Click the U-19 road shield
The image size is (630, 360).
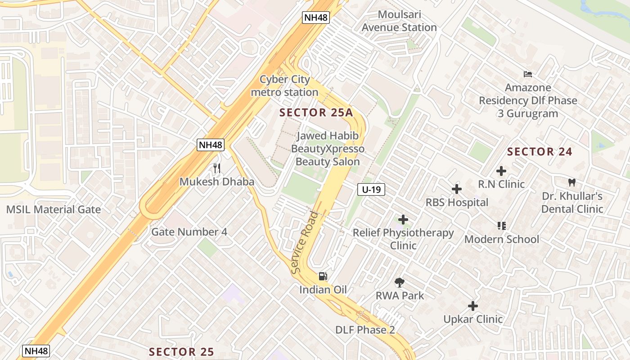tap(371, 190)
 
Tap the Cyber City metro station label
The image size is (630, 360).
tap(284, 86)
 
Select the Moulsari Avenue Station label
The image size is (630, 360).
tap(399, 21)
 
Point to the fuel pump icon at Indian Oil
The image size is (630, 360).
tap(323, 276)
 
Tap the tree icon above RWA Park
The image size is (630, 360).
tap(399, 283)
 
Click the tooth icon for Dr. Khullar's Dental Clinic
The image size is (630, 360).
tap(572, 183)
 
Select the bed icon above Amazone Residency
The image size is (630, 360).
tap(527, 74)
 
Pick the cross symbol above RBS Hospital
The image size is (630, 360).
tap(457, 189)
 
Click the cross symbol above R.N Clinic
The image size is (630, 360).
tap(501, 171)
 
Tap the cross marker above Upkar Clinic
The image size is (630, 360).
tap(473, 306)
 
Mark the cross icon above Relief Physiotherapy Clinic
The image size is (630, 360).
tap(403, 220)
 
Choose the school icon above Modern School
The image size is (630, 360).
tap(502, 225)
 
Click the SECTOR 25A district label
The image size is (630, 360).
tap(316, 112)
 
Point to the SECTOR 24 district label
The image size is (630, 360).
tap(540, 152)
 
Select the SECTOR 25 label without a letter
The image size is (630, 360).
tap(181, 351)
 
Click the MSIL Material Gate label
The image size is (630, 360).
tap(54, 209)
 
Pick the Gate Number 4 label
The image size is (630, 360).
tap(189, 232)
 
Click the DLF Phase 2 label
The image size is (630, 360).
tap(365, 330)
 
